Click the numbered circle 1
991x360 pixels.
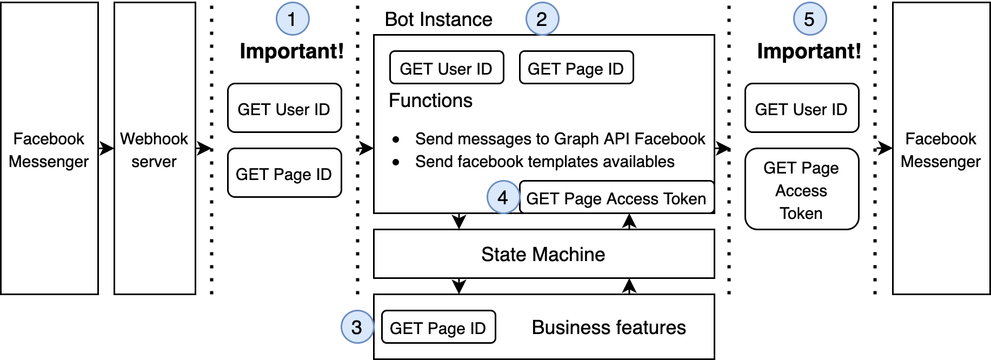click(292, 19)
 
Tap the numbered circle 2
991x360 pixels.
click(542, 19)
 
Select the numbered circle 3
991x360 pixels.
click(357, 327)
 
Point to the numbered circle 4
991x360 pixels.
click(503, 197)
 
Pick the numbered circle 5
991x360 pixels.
click(810, 19)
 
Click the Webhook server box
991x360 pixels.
click(155, 149)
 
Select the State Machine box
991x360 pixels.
click(543, 254)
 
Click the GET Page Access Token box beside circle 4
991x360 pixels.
click(616, 198)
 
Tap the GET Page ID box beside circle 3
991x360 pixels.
click(438, 328)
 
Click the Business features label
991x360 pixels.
click(609, 328)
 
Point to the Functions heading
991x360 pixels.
click(430, 101)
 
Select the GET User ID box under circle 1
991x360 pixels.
click(284, 108)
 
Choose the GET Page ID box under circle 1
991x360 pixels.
click(284, 173)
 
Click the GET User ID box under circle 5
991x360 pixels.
click(802, 108)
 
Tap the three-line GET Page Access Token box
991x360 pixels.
click(802, 189)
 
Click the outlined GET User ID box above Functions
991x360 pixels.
click(446, 68)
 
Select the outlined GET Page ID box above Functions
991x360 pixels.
click(576, 68)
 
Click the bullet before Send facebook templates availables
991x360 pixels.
click(396, 162)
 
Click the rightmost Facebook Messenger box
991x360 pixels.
click(941, 149)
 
